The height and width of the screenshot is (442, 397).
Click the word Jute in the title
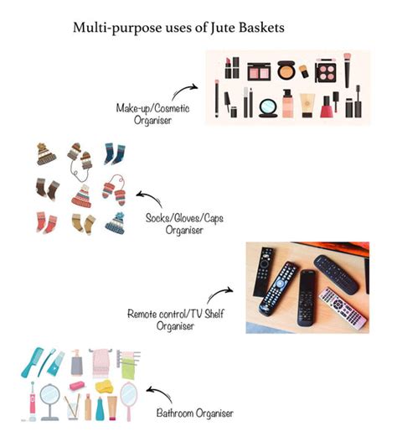[222, 28]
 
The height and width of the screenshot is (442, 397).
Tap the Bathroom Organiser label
[195, 413]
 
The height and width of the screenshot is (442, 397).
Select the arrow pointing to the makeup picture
[183, 91]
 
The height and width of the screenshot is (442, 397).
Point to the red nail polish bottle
[327, 107]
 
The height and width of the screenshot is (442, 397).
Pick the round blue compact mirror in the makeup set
[268, 108]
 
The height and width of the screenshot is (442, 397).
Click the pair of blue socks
[115, 154]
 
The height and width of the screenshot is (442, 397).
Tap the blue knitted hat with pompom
[116, 223]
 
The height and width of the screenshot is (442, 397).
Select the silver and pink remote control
[343, 309]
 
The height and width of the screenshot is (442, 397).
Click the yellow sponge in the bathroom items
[104, 386]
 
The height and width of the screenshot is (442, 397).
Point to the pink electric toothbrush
[33, 402]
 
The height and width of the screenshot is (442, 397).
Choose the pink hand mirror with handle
[129, 401]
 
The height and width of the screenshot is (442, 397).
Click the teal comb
[32, 362]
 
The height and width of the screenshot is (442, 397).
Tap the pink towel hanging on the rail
[101, 363]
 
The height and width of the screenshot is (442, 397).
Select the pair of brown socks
[48, 190]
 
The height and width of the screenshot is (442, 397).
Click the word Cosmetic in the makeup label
[172, 108]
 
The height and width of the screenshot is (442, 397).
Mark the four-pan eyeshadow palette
[326, 72]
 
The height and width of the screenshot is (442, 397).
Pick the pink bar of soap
[77, 386]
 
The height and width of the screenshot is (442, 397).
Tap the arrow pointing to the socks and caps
[149, 199]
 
